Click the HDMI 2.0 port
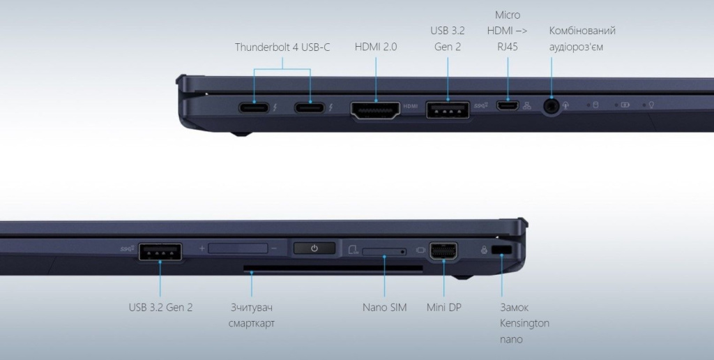376,110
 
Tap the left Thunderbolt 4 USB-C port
254,107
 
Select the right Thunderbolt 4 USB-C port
310,107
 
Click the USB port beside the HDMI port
448,110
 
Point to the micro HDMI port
508,106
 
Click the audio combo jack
552,106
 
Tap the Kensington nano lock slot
502,250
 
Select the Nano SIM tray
384,252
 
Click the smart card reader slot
333,269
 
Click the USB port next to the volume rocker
160,252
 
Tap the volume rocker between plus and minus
238,248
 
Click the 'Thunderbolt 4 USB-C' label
282,47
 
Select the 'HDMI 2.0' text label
376,47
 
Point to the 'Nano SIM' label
385,308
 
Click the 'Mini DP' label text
444,308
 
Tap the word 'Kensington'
524,324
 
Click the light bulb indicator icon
652,105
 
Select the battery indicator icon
625,105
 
